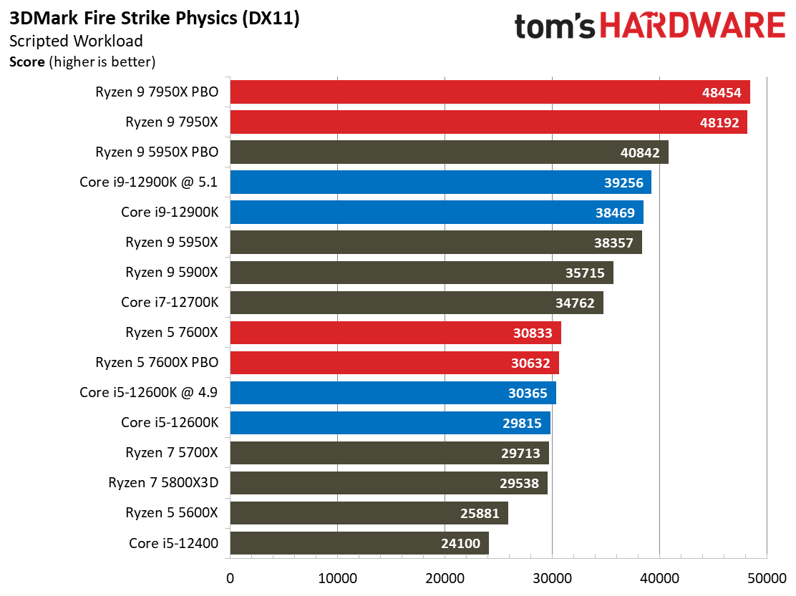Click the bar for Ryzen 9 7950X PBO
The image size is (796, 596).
(490, 92)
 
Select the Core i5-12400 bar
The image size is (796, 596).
(359, 543)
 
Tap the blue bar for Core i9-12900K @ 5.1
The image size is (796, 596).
(441, 182)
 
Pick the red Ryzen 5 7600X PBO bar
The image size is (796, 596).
(394, 363)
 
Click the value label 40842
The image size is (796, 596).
(640, 152)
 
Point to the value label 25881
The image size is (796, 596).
(480, 513)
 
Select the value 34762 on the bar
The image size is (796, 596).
(575, 303)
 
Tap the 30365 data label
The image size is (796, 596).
(528, 393)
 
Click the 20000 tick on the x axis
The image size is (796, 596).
(445, 578)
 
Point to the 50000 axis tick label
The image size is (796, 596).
(767, 578)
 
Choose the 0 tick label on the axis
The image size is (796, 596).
(230, 578)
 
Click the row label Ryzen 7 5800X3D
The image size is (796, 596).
(163, 482)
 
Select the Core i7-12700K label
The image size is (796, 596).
(170, 303)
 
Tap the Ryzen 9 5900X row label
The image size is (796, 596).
(172, 273)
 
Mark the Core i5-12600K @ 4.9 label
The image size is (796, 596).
(148, 393)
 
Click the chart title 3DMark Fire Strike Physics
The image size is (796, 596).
(123, 19)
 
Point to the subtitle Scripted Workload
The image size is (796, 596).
(76, 41)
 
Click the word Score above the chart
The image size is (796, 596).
(27, 62)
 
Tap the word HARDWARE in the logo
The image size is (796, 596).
(693, 26)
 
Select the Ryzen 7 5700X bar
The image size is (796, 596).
(389, 453)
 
